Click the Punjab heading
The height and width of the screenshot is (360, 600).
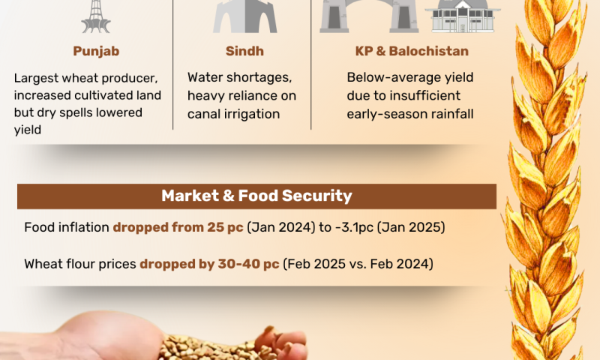96,51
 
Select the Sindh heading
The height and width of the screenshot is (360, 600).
244,51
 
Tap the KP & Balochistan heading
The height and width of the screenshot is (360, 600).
412,51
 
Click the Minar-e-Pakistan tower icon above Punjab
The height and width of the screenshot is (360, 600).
96,16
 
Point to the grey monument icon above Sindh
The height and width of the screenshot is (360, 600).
245,16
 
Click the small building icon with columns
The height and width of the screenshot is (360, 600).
463,16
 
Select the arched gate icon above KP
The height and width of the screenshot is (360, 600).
369,16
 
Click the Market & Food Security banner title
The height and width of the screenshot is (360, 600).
256,196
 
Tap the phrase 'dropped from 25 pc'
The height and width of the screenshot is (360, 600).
178,227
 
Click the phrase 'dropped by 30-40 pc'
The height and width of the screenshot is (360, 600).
209,264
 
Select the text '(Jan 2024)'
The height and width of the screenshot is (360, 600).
280,227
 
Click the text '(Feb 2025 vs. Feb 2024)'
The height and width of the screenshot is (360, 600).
358,264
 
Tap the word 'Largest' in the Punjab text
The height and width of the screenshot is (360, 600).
36,79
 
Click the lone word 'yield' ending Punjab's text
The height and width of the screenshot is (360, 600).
28,130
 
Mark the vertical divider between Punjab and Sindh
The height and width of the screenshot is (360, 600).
173,64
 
